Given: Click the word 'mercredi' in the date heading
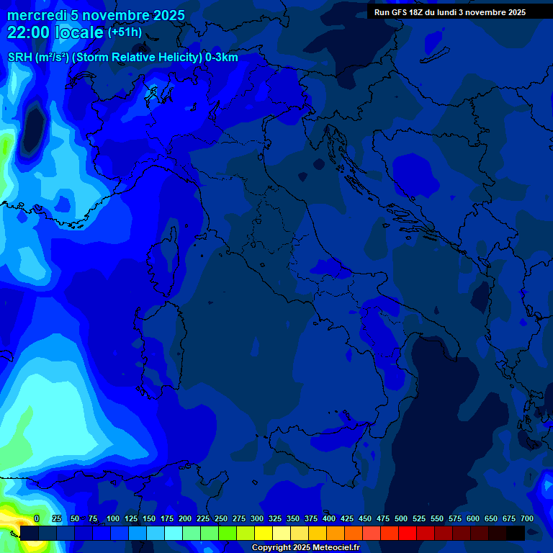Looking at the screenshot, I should (37, 15).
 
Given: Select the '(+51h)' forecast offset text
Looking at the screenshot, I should (125, 32).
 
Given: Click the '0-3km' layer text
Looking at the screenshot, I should (222, 58).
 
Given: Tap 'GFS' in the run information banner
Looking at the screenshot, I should (400, 12).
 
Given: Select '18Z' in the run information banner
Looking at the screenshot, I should (418, 12).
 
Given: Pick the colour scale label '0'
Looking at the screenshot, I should (37, 518).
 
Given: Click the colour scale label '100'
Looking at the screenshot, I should (113, 518).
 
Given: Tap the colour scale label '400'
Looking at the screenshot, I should (329, 518).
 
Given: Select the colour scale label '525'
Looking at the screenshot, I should (419, 518).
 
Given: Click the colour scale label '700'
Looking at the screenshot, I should (527, 518).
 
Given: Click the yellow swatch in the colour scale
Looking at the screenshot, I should (264, 533).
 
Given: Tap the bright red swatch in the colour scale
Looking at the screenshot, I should (408, 533).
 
